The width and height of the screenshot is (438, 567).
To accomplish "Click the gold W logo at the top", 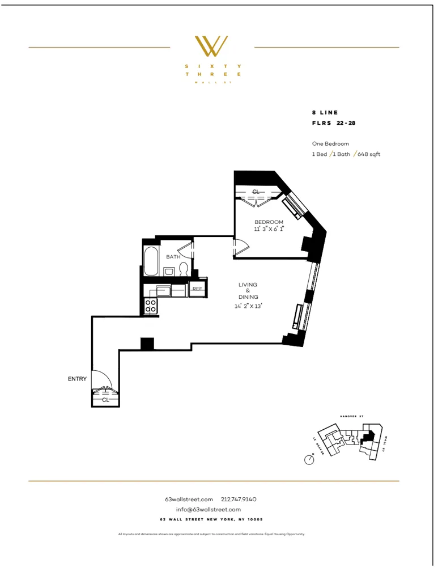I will click(211, 46).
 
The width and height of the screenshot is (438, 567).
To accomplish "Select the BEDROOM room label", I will click(269, 222).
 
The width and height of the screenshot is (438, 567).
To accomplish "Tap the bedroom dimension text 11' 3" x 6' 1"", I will click(269, 229).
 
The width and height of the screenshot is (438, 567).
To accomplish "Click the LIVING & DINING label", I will click(248, 290).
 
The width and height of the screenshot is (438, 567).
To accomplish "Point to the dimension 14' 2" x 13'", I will click(248, 306).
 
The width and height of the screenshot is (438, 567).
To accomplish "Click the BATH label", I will click(173, 257).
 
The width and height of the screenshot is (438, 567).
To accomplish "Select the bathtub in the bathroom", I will click(151, 261).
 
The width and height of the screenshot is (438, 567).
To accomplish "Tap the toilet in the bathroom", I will click(184, 269).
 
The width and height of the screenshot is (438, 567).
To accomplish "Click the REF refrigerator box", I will click(197, 289).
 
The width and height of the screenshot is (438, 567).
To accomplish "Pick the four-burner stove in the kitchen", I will click(151, 306).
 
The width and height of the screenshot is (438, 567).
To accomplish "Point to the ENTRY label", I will click(77, 379).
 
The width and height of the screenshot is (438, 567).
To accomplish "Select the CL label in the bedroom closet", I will click(256, 192).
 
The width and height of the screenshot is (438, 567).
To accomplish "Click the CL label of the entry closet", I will click(105, 400).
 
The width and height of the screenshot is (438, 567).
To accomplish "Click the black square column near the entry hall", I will click(147, 344).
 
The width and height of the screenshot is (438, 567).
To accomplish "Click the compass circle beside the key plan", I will click(309, 460).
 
